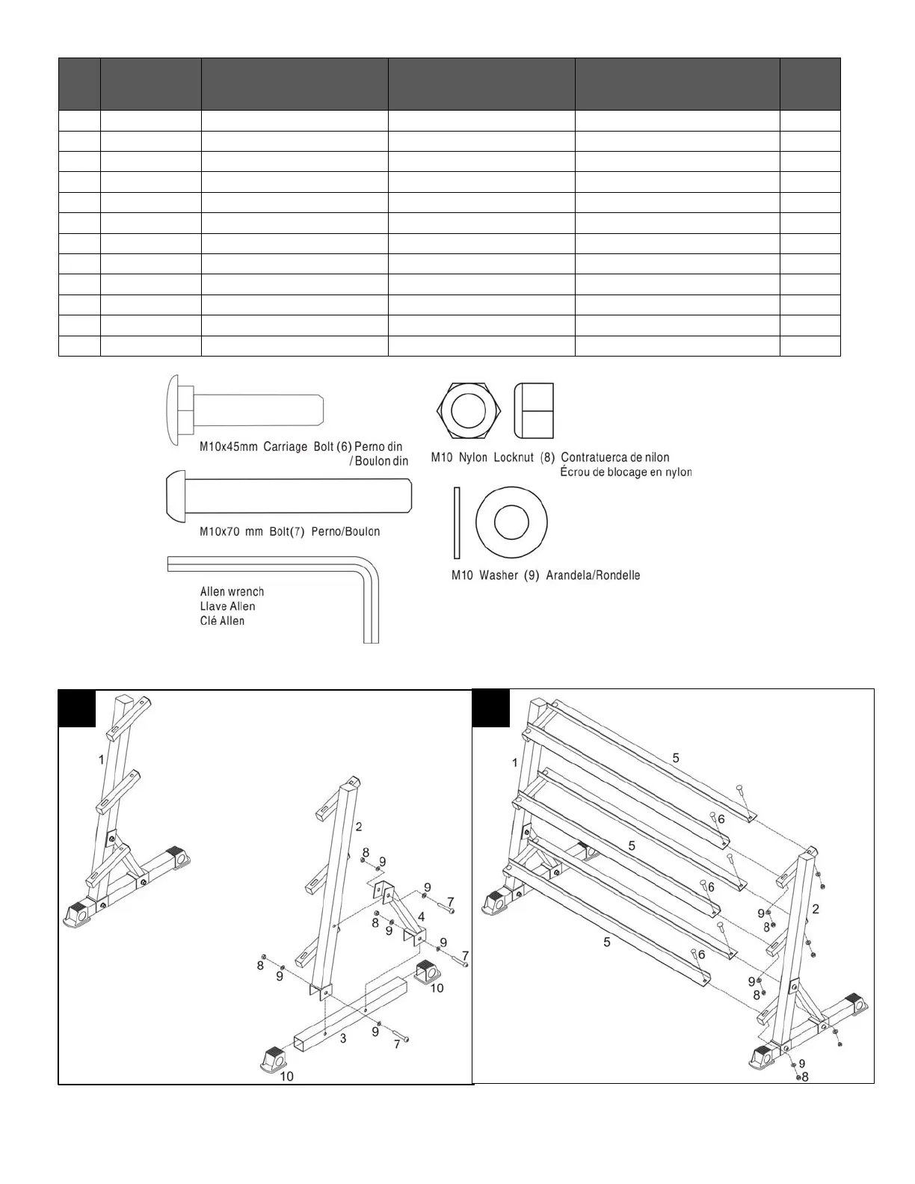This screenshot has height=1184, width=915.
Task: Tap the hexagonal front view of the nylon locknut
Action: coord(469,411)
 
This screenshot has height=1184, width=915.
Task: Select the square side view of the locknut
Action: coord(534,411)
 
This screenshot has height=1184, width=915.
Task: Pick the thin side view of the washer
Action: coord(456,522)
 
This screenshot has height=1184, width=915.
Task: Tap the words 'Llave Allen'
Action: coord(227,606)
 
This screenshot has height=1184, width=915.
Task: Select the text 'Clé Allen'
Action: coord(222,620)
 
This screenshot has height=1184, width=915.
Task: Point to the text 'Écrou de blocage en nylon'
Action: coord(626,472)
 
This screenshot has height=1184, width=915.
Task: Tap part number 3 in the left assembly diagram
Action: coord(343,1038)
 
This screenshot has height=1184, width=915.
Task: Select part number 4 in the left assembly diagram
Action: coord(422,916)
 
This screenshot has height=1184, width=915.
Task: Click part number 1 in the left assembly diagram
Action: coord(101,759)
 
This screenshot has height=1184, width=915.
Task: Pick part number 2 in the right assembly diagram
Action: coord(816,909)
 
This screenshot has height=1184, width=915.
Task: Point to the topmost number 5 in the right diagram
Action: coord(676,758)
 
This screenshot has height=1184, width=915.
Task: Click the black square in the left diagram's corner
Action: coord(78,709)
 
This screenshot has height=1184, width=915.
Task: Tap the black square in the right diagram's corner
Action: coord(492,707)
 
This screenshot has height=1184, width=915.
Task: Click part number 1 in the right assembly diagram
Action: coord(515,762)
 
